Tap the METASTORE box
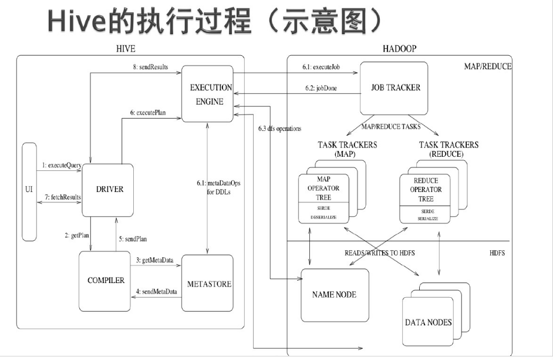coord(209,284)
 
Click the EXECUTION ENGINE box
coord(211,94)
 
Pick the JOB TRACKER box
coord(396,88)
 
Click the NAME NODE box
coord(335,294)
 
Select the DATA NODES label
coord(429,322)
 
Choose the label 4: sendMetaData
coord(156,291)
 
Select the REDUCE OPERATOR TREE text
coord(426,190)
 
